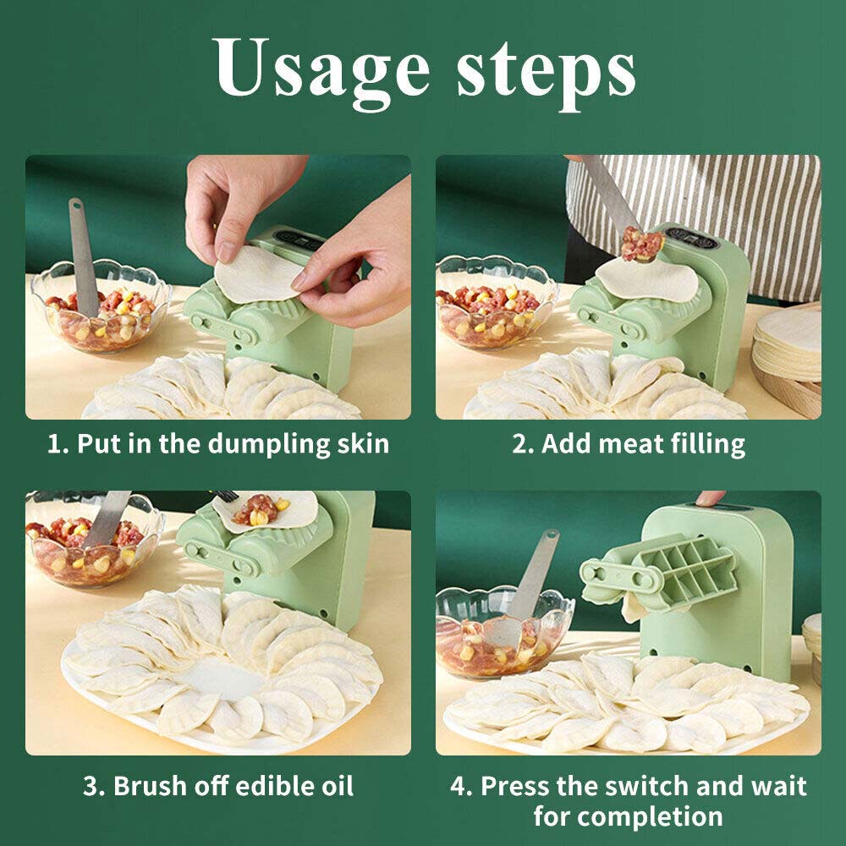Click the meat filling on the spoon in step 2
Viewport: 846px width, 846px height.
coord(641,244)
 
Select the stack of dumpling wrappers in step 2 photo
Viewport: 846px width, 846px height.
coord(788,345)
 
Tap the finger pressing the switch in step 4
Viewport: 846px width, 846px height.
coord(710,497)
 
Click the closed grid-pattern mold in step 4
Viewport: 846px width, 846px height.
coord(685,573)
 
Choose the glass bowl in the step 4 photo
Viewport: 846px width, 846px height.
coord(504,631)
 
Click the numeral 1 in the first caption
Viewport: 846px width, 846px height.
coord(54,444)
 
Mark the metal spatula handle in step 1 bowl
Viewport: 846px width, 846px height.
coord(83,257)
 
